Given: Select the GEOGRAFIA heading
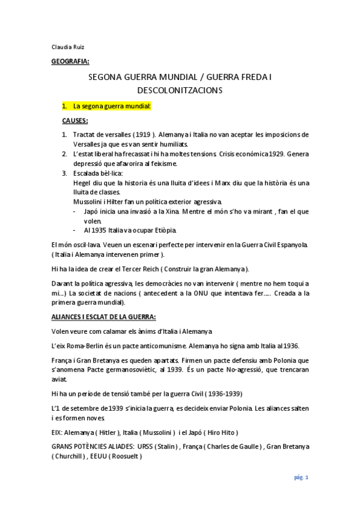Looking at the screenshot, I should [70, 61].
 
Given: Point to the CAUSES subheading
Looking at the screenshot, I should [75, 121].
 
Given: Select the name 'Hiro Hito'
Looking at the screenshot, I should [221, 432].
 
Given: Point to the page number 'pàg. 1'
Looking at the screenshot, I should [301, 478].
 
